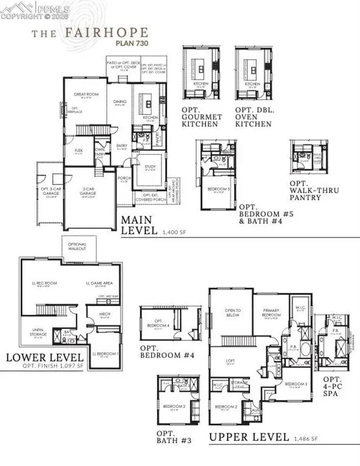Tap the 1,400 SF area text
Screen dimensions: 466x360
[x=175, y=232]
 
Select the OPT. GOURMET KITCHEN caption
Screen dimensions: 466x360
[x=200, y=117]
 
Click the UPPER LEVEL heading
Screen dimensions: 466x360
[x=249, y=437]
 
